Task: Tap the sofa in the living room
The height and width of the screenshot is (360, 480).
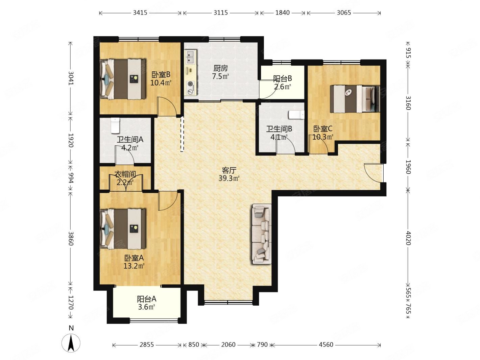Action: pyautogui.click(x=262, y=234)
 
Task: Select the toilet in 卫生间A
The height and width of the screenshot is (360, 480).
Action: pyautogui.click(x=115, y=125)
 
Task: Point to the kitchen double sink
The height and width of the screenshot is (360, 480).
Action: pyautogui.click(x=191, y=57)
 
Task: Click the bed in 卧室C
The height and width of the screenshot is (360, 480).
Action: pyautogui.click(x=355, y=99)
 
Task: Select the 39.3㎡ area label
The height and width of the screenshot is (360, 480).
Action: pyautogui.click(x=229, y=178)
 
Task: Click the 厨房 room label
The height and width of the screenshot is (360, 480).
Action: pyautogui.click(x=220, y=68)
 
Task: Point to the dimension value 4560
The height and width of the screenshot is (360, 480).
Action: pyautogui.click(x=326, y=345)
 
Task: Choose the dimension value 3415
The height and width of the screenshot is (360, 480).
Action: pyautogui.click(x=140, y=13)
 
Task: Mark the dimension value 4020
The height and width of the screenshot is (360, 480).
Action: pyautogui.click(x=408, y=238)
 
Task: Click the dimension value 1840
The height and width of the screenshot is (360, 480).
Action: pyautogui.click(x=282, y=13)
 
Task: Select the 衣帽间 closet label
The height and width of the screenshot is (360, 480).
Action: pyautogui.click(x=125, y=174)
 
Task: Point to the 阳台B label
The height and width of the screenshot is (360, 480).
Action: pyautogui.click(x=283, y=78)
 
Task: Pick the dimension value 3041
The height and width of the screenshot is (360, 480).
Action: pyautogui.click(x=71, y=78)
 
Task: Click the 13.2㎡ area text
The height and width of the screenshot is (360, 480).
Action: pyautogui.click(x=134, y=266)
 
